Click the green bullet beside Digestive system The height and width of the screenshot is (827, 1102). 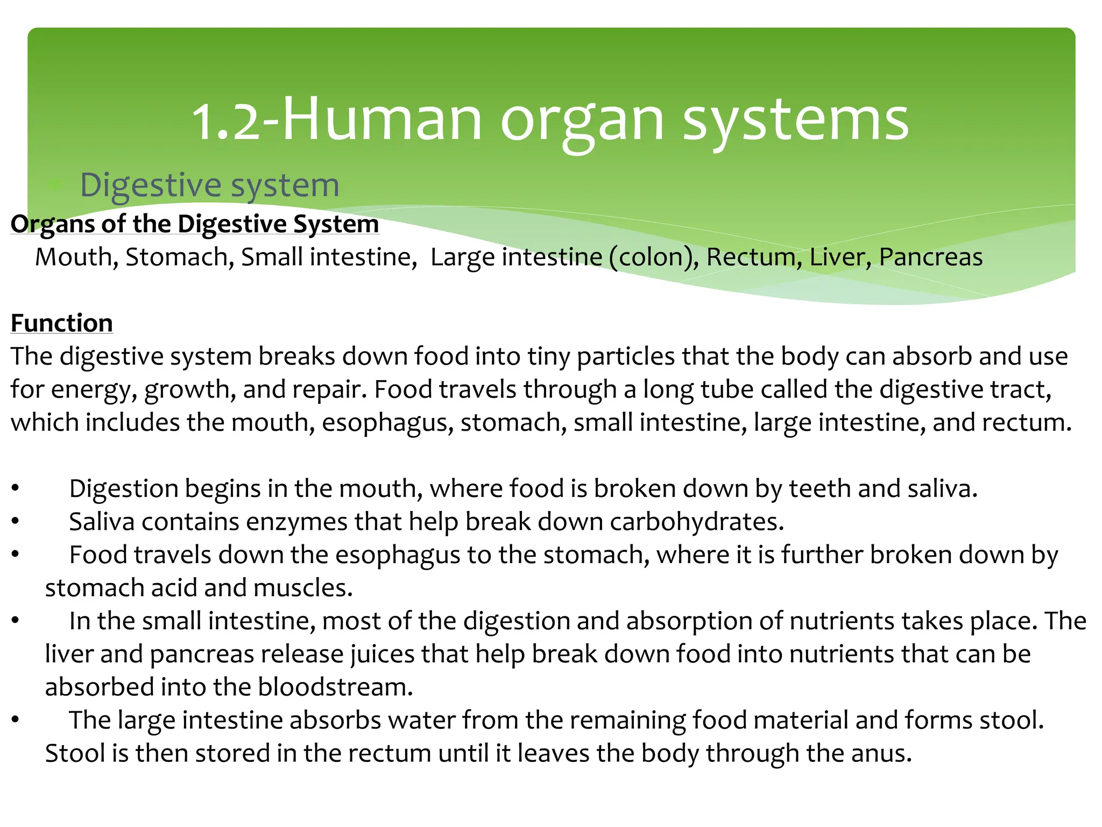pyautogui.click(x=55, y=185)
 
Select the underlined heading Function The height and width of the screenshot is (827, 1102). pyautogui.click(x=62, y=323)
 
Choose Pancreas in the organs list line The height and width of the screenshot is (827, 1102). pyautogui.click(x=930, y=257)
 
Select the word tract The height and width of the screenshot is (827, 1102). pyautogui.click(x=1020, y=389)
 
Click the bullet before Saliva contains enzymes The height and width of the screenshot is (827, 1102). pyautogui.click(x=16, y=522)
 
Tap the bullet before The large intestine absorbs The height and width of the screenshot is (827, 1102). pyautogui.click(x=16, y=720)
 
